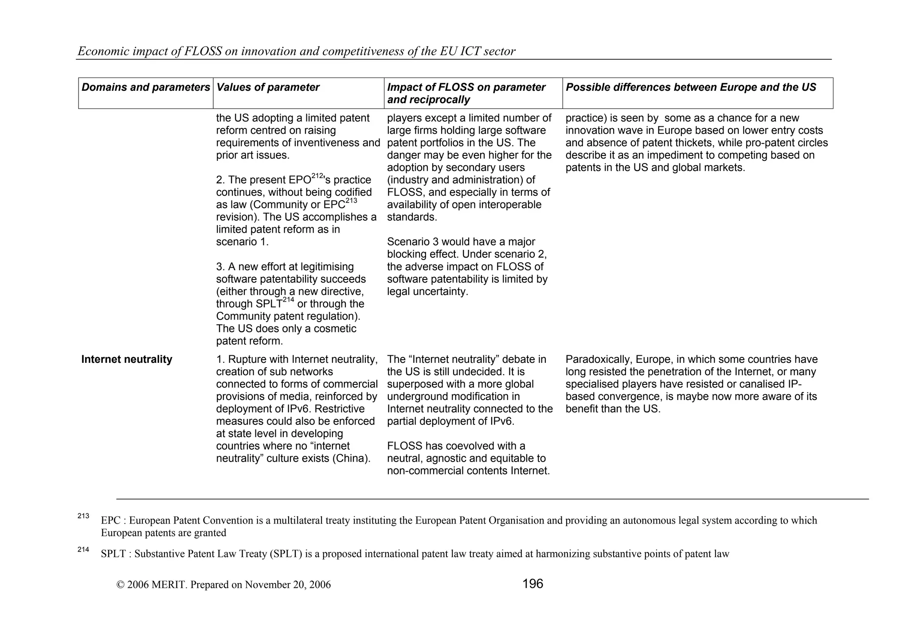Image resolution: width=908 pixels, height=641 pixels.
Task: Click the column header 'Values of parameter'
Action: click(x=268, y=88)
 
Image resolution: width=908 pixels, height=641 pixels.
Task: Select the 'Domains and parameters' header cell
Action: click(x=145, y=88)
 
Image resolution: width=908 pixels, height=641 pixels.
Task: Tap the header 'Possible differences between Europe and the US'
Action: click(x=690, y=88)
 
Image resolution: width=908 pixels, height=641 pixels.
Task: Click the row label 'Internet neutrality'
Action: click(x=127, y=360)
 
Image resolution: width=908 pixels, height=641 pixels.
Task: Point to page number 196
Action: click(x=532, y=584)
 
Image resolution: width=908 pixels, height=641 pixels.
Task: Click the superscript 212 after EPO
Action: click(x=317, y=176)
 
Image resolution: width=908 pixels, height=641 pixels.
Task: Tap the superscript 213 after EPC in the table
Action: click(x=351, y=201)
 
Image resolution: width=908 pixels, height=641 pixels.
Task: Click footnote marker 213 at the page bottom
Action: click(x=83, y=516)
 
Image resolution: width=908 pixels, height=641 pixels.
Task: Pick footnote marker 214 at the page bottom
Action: click(x=83, y=550)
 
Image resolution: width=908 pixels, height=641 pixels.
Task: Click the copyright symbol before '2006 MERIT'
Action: click(x=120, y=585)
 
